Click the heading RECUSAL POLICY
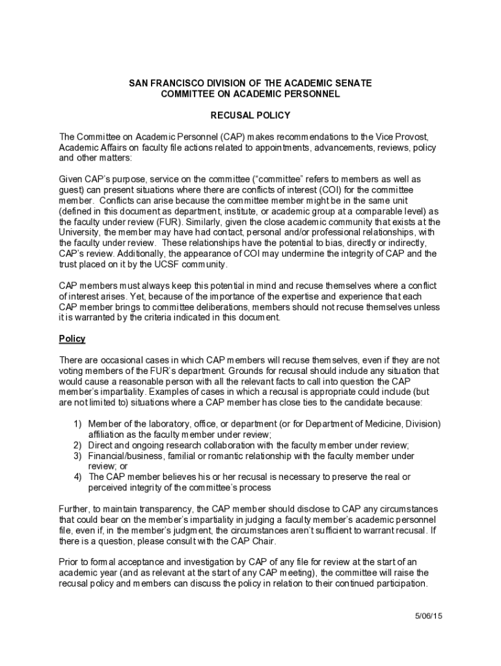[250, 115]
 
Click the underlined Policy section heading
[72, 339]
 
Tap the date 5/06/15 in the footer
[429, 616]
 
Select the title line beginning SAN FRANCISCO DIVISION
[250, 84]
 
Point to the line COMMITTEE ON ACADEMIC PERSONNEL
[250, 94]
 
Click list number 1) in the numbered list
[77, 424]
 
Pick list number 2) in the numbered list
[77, 445]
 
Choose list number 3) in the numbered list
[77, 455]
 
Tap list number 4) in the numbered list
[77, 477]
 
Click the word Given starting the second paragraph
[72, 178]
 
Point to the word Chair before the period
[263, 540]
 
